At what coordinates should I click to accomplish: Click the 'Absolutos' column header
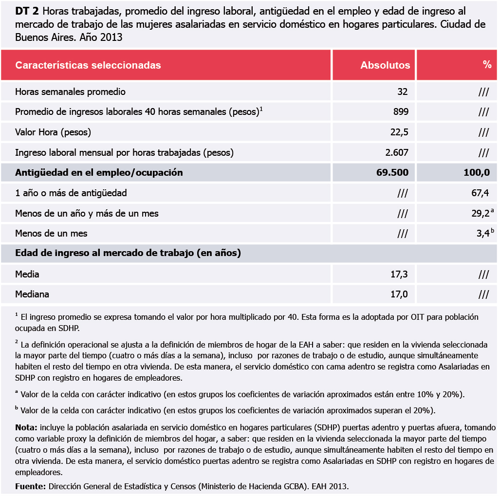(385, 65)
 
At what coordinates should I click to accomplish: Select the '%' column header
(487, 65)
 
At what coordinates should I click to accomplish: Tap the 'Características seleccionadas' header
(88, 65)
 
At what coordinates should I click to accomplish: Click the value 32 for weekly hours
(402, 92)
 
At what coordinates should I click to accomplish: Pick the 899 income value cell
(401, 112)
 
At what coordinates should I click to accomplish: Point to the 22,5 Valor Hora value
(399, 132)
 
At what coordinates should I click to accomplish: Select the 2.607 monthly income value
(396, 152)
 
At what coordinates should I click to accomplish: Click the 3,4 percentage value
(482, 234)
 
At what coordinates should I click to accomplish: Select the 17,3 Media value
(399, 274)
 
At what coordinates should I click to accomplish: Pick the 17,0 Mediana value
(399, 294)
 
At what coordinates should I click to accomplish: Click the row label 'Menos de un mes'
(51, 234)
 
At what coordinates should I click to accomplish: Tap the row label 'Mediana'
(32, 294)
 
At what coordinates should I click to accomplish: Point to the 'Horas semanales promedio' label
(70, 92)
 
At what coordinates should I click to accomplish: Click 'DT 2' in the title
(27, 12)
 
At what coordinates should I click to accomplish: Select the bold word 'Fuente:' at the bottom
(31, 486)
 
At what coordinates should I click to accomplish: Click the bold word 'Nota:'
(26, 427)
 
